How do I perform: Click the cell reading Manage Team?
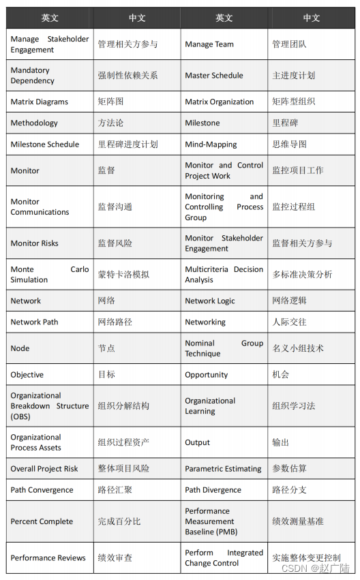pyautogui.click(x=209, y=44)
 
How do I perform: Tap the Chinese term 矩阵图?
pyautogui.click(x=110, y=102)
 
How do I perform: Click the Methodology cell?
pyautogui.click(x=34, y=123)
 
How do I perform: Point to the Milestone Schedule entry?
pyautogui.click(x=45, y=144)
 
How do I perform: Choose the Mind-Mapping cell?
pyautogui.click(x=211, y=144)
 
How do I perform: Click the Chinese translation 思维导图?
pyautogui.click(x=289, y=144)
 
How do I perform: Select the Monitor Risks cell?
pyautogui.click(x=35, y=243)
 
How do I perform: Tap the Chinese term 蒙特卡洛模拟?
pyautogui.click(x=123, y=275)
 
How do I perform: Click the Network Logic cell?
pyautogui.click(x=210, y=301)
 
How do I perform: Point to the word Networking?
pyautogui.click(x=205, y=322)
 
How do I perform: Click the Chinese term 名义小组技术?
pyautogui.click(x=298, y=348)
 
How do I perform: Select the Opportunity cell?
pyautogui.click(x=207, y=374)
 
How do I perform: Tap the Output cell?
pyautogui.click(x=198, y=442)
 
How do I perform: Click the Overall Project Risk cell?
pyautogui.click(x=46, y=468)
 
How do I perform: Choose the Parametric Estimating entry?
pyautogui.click(x=223, y=468)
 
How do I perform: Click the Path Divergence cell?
pyautogui.click(x=213, y=489)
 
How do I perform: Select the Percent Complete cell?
pyautogui.click(x=42, y=521)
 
